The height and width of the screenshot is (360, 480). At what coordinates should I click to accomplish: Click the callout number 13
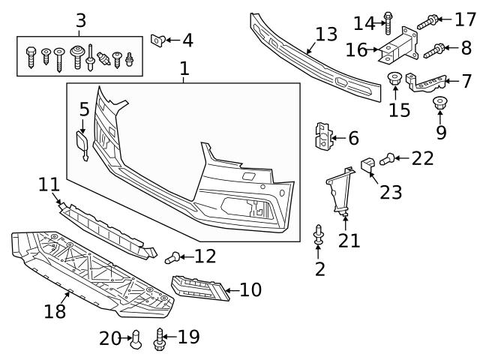point(327,34)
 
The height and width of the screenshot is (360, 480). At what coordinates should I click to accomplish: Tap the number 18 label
point(55,310)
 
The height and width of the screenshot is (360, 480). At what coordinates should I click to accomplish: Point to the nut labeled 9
point(441,103)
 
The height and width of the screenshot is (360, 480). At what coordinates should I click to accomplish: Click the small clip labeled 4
point(158,39)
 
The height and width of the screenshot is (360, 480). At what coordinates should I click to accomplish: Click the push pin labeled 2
point(320,236)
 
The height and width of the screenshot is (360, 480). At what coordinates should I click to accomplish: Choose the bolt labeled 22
point(388,158)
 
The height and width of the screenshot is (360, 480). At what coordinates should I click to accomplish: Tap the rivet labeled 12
point(172,258)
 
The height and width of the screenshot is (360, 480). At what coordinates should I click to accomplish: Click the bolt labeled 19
point(160,340)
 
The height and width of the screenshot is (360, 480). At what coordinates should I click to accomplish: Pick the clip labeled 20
point(136,340)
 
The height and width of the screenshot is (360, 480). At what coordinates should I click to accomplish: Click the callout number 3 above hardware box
point(81,19)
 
